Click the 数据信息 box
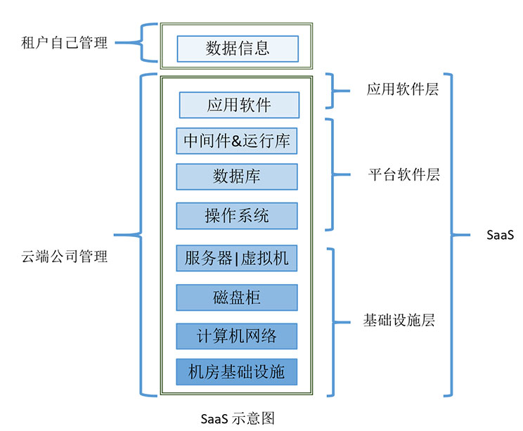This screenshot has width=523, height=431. tap(238, 49)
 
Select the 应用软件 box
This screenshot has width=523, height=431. tap(239, 105)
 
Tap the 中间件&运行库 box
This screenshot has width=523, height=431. tap(236, 141)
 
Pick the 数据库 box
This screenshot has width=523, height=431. tap(237, 176)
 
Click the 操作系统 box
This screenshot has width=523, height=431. tap(237, 216)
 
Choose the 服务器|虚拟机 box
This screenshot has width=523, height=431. tap(236, 258)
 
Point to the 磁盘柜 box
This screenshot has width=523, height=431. tap(237, 297)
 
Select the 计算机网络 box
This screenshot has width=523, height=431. tap(236, 336)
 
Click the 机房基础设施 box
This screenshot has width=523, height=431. tap(236, 372)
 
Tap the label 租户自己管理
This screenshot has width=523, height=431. tap(65, 43)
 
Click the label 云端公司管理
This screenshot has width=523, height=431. tap(65, 256)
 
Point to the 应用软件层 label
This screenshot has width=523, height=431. tap(402, 89)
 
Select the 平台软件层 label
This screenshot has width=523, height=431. tap(404, 174)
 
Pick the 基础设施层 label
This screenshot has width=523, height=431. tap(399, 320)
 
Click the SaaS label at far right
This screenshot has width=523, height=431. tap(500, 235)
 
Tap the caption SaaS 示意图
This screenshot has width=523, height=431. tap(238, 418)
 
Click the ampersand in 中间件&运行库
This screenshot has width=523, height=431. tap(236, 141)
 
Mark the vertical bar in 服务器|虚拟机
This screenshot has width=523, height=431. tap(236, 259)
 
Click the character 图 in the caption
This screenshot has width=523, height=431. tap(268, 418)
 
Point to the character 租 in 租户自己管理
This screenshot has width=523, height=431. tap(28, 43)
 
